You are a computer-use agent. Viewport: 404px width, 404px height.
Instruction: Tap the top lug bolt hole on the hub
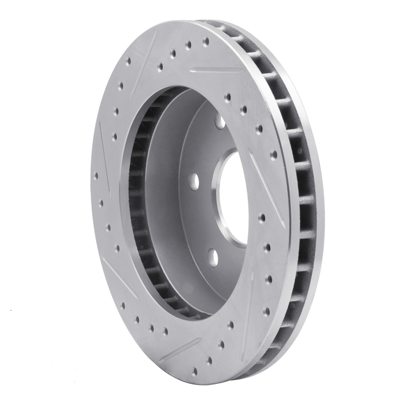point(220,122)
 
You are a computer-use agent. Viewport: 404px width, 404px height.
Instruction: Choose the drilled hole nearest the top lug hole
point(229,95)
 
